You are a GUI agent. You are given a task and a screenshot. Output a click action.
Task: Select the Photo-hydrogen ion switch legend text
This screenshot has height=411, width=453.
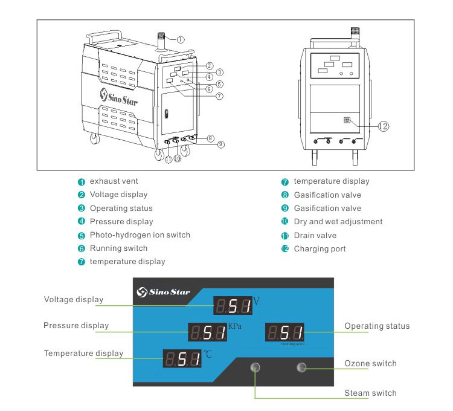click(x=140, y=235)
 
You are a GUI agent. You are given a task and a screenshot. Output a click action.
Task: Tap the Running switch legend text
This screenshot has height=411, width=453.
click(x=118, y=248)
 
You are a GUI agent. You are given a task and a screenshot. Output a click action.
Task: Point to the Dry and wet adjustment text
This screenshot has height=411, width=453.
click(x=338, y=221)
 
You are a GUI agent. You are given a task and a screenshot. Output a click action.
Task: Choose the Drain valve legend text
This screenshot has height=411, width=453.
click(x=315, y=235)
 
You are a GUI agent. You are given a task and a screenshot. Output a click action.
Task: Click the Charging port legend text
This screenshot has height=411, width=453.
click(x=320, y=248)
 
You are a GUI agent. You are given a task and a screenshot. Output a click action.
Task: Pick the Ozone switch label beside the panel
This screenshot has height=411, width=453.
click(x=370, y=363)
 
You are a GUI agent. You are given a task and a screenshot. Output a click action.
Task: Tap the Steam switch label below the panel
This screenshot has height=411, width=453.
click(x=370, y=393)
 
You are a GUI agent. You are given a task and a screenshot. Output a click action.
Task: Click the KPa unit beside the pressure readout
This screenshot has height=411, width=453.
click(x=234, y=327)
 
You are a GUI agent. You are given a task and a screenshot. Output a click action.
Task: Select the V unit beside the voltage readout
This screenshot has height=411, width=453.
click(x=256, y=300)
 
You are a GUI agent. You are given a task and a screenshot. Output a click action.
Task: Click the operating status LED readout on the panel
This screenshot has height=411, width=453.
click(x=285, y=332)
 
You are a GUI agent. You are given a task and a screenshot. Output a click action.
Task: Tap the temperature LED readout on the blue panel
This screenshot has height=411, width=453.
click(x=182, y=359)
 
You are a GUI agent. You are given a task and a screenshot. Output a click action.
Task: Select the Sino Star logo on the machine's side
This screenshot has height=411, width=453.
click(x=119, y=97)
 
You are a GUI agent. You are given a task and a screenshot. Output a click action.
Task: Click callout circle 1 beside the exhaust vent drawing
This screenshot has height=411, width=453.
click(x=180, y=38)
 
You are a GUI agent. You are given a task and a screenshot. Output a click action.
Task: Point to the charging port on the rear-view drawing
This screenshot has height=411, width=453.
click(x=347, y=120)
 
